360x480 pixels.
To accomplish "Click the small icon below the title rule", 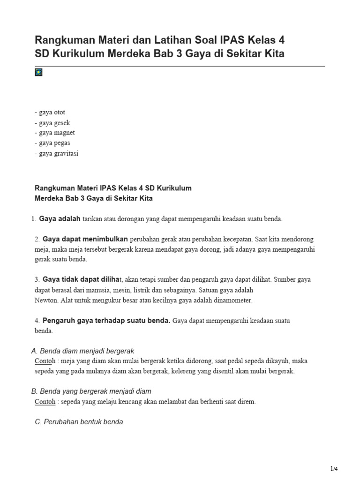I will pyautogui.click(x=39, y=72).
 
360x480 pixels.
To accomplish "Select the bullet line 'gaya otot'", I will pyautogui.click(x=50, y=112).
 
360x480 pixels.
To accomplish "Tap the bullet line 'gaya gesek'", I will pyautogui.click(x=52, y=123).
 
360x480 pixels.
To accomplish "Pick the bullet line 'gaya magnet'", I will pyautogui.click(x=55, y=133).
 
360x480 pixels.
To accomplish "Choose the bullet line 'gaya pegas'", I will pyautogui.click(x=52, y=143).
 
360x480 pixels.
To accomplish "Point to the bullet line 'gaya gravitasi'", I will pyautogui.click(x=57, y=153).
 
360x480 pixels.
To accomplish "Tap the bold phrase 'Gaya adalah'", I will pyautogui.click(x=60, y=218).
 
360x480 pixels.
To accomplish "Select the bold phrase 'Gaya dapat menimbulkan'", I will pyautogui.click(x=85, y=239).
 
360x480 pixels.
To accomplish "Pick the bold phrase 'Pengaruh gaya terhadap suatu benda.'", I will pyautogui.click(x=106, y=321).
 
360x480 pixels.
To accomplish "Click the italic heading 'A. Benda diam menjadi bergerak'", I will pyautogui.click(x=82, y=351).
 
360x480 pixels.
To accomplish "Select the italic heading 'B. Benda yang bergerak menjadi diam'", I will pyautogui.click(x=91, y=391).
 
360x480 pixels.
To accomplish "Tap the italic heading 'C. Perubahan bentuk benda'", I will pyautogui.click(x=79, y=422).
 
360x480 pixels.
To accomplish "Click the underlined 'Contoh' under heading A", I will pyautogui.click(x=45, y=361).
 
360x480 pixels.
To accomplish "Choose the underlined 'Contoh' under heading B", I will pyautogui.click(x=45, y=402).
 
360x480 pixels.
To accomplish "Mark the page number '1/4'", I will pyautogui.click(x=334, y=469).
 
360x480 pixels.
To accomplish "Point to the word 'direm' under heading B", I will pyautogui.click(x=247, y=402).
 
